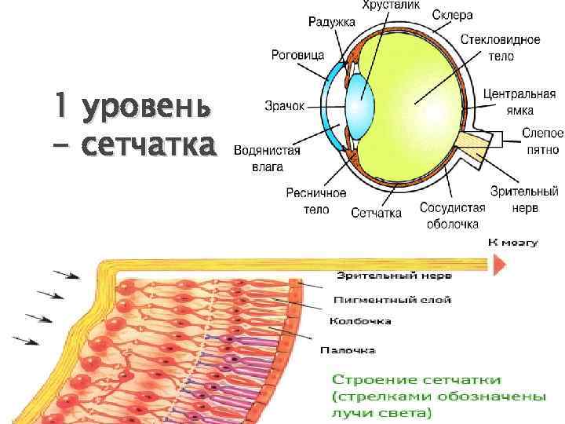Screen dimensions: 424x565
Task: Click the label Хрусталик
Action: pyautogui.click(x=390, y=5)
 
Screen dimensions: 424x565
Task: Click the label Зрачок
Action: pyautogui.click(x=282, y=104)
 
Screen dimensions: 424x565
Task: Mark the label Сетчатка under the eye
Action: pyautogui.click(x=376, y=213)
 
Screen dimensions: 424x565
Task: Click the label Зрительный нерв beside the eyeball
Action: pyautogui.click(x=523, y=199)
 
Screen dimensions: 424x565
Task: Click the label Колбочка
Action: pyautogui.click(x=360, y=321)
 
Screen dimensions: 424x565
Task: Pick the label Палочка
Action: pyautogui.click(x=352, y=349)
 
